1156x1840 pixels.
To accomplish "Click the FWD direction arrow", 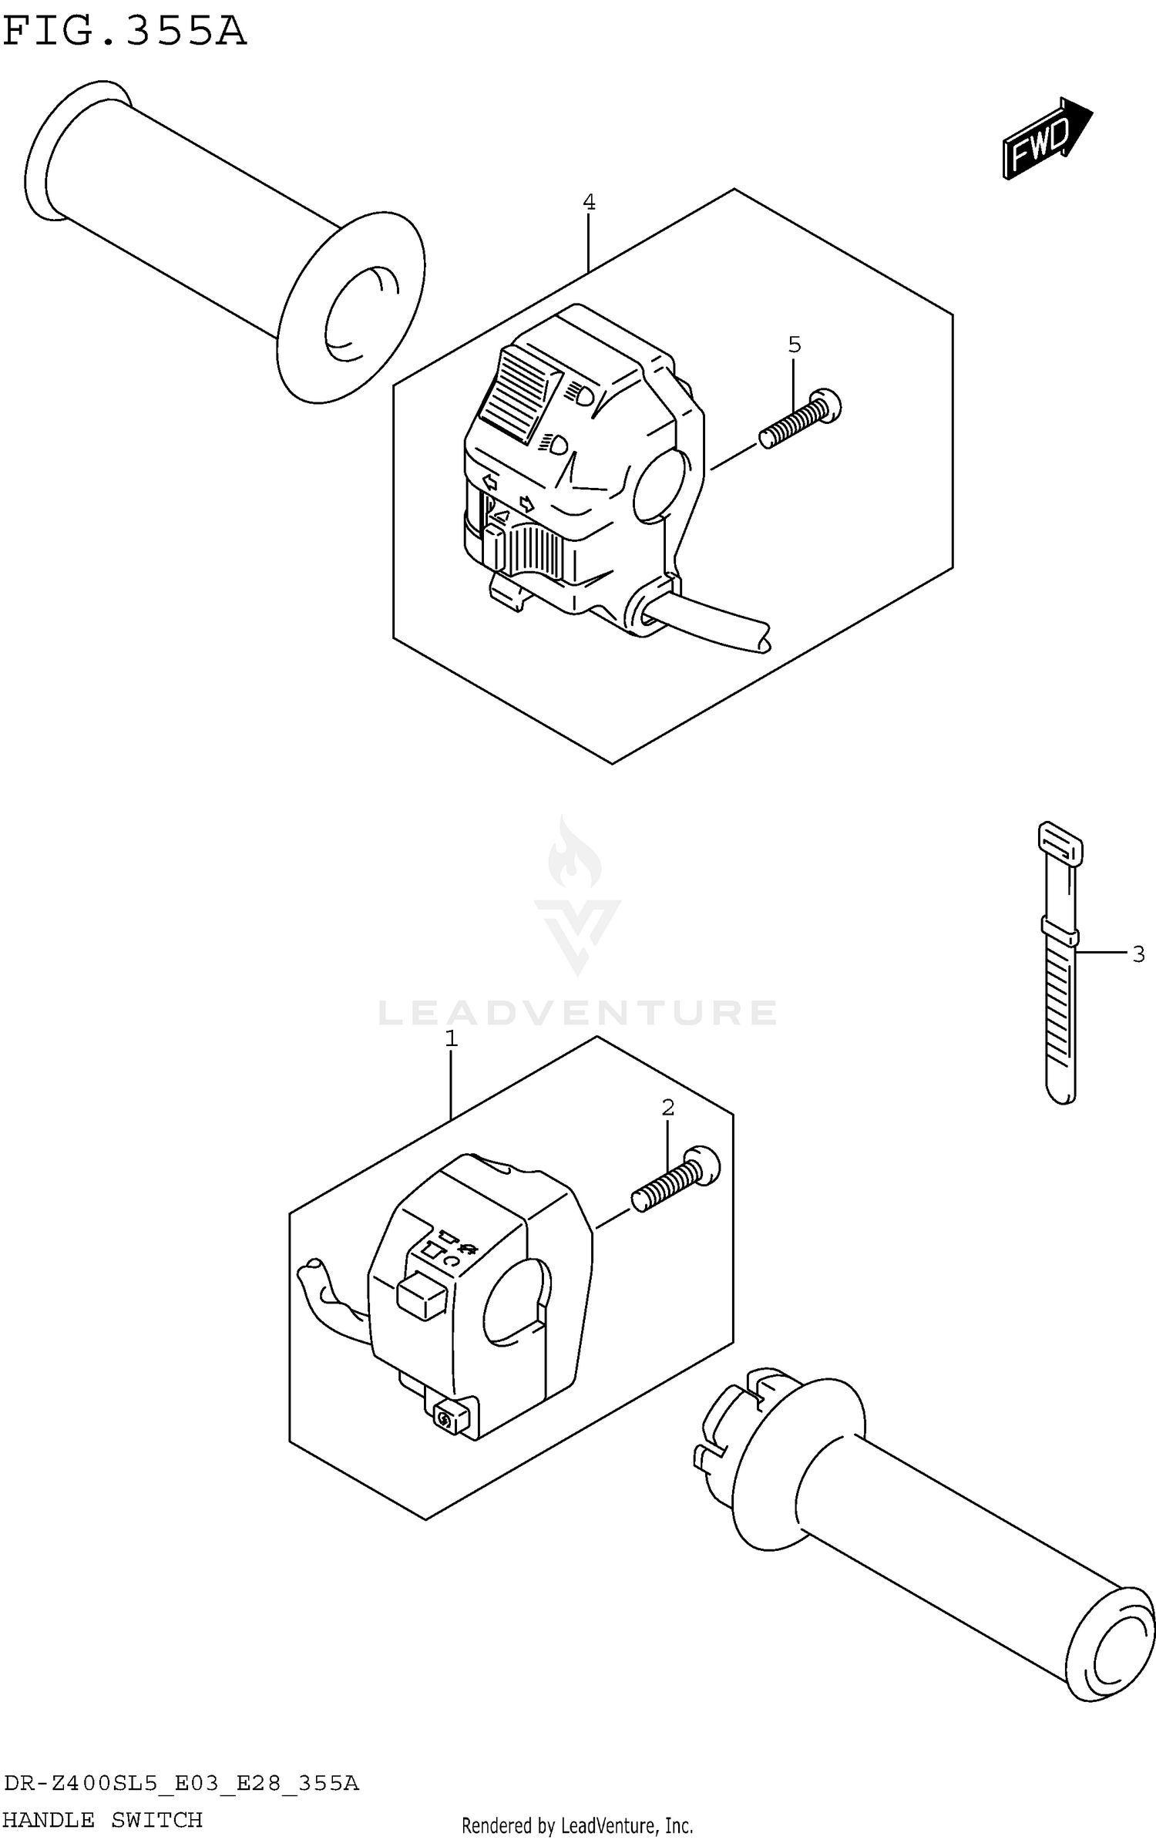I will click(x=1046, y=140).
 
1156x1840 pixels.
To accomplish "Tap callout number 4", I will click(x=589, y=203).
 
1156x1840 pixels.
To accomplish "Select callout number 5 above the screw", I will click(x=795, y=345).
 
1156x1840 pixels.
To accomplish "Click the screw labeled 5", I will click(x=800, y=419).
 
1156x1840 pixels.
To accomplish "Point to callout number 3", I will click(x=1138, y=954).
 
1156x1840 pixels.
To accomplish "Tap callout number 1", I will click(x=452, y=1039).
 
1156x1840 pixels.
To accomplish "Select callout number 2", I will click(x=667, y=1108).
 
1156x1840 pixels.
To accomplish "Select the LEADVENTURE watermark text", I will click(x=577, y=1012).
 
